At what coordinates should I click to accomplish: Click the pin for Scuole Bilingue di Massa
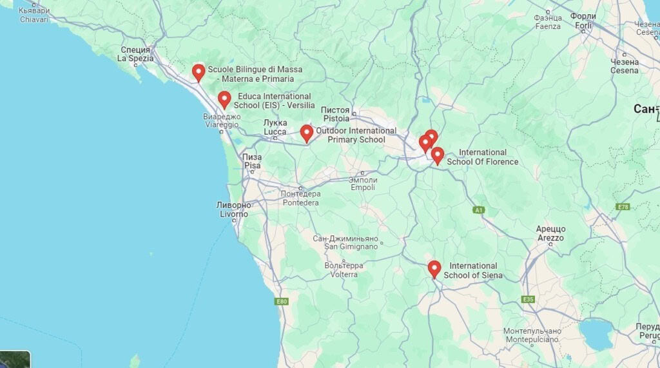tap(199, 72)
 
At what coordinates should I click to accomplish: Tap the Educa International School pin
tap(224, 99)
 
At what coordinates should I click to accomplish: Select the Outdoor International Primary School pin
tap(307, 133)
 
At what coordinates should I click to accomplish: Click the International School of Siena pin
tap(434, 269)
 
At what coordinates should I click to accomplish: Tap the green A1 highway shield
tap(478, 210)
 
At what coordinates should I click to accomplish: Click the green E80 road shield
tap(281, 302)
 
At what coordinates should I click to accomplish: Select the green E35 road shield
tap(529, 299)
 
